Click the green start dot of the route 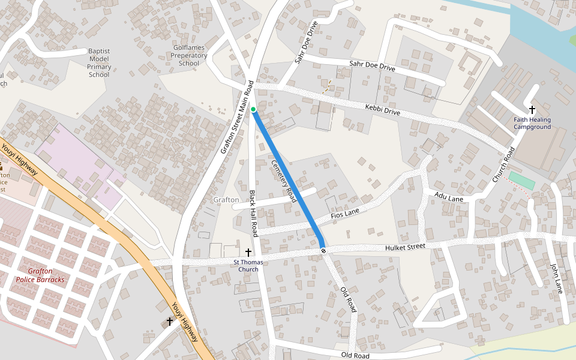tap(253, 109)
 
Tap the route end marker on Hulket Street tap(323, 250)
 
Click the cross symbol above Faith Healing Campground tap(532, 110)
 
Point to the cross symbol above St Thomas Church tap(248, 253)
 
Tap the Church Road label tap(504, 165)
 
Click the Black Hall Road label tap(253, 213)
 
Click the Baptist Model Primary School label tap(99, 63)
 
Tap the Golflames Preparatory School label tap(190, 55)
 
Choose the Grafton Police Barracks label tap(40, 275)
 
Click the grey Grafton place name tap(226, 200)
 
